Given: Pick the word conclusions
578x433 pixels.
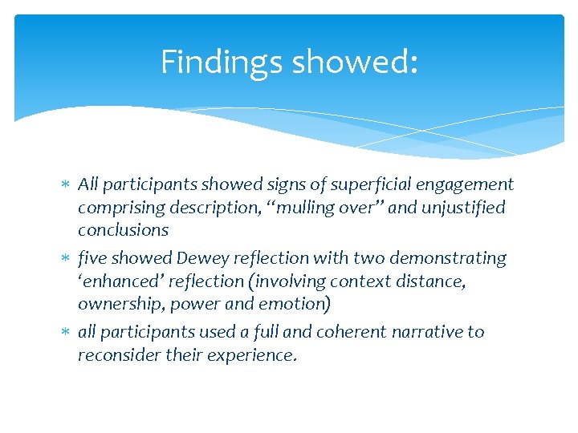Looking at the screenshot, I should click(123, 230).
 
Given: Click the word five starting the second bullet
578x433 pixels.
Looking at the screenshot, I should click(93, 258).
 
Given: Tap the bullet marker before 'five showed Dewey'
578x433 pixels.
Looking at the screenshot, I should click(67, 259).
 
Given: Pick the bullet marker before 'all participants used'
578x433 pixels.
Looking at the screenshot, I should click(67, 333).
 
